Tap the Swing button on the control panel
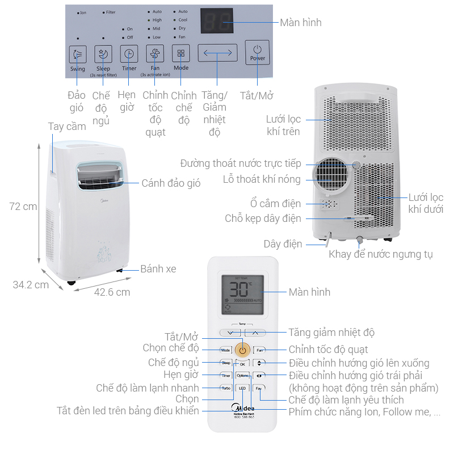pyautogui.click(x=78, y=54)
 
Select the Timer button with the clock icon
pyautogui.click(x=129, y=54)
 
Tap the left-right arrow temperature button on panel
pyautogui.click(x=217, y=53)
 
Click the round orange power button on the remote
pyautogui.click(x=242, y=350)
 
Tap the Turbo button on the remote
pyautogui.click(x=226, y=388)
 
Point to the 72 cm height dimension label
pyautogui.click(x=23, y=207)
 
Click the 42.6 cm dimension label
pyautogui.click(x=112, y=292)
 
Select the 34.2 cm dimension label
pyautogui.click(x=31, y=285)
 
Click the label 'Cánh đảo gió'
pyautogui.click(x=171, y=183)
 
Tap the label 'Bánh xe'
pyautogui.click(x=158, y=268)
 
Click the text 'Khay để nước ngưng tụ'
pyautogui.click(x=380, y=254)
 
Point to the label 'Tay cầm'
pyautogui.click(x=67, y=127)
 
